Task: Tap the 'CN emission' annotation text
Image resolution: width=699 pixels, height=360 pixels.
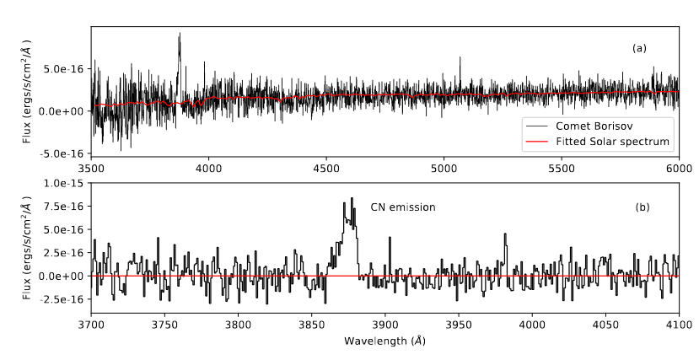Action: (x=403, y=207)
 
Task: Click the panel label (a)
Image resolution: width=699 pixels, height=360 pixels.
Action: (x=639, y=48)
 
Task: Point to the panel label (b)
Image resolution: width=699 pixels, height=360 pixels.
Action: (x=639, y=207)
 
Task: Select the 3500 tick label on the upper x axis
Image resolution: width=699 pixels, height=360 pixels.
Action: (x=91, y=168)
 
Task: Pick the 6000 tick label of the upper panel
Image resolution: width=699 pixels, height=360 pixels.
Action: (x=678, y=168)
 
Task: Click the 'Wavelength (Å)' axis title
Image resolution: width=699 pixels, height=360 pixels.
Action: (x=384, y=341)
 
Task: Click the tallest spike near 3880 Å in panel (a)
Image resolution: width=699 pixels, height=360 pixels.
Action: (x=180, y=34)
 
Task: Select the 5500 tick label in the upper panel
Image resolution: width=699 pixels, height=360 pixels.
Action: (x=561, y=168)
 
